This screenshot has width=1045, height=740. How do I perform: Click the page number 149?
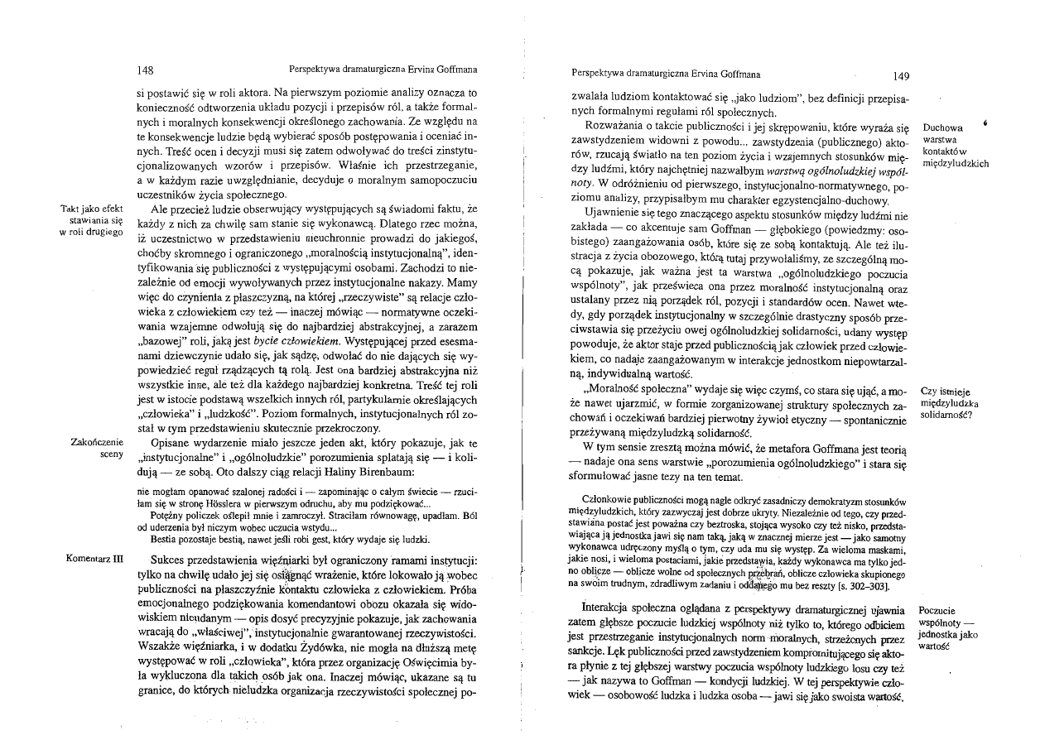pos(902,76)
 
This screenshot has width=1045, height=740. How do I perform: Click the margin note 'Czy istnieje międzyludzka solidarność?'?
pos(951,403)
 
